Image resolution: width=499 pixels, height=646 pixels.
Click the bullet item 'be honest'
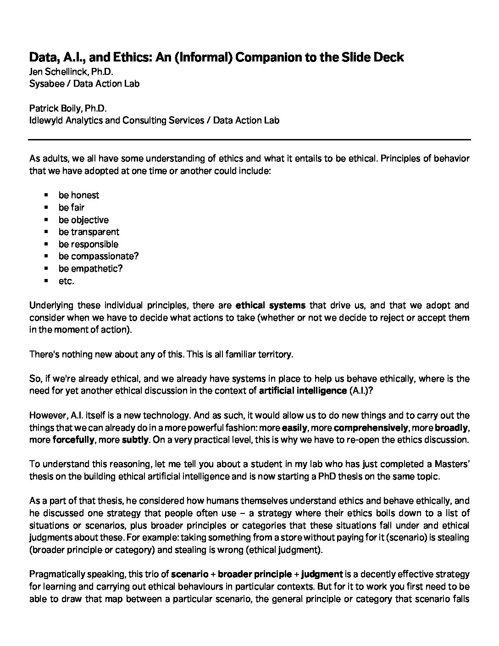pos(78,195)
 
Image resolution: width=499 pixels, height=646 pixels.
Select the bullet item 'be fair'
pos(71,207)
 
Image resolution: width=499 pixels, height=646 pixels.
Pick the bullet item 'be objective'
pos(83,220)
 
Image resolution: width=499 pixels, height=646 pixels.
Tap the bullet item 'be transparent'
pos(89,232)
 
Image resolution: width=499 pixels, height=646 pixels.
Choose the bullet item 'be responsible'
pos(88,244)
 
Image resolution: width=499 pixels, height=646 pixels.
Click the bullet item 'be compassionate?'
pos(98,256)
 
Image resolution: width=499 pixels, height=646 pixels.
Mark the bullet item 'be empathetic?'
pos(90,268)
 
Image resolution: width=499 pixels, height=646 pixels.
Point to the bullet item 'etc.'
pos(66,281)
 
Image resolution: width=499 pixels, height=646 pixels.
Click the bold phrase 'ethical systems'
pos(270,305)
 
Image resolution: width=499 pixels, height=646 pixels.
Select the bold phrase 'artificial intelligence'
pos(303,391)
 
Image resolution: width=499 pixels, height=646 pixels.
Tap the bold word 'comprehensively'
pos(371,428)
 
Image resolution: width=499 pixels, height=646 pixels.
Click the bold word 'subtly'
pos(135,440)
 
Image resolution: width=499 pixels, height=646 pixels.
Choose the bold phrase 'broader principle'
pos(255,574)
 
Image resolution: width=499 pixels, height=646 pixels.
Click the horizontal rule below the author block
pos(249,139)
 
